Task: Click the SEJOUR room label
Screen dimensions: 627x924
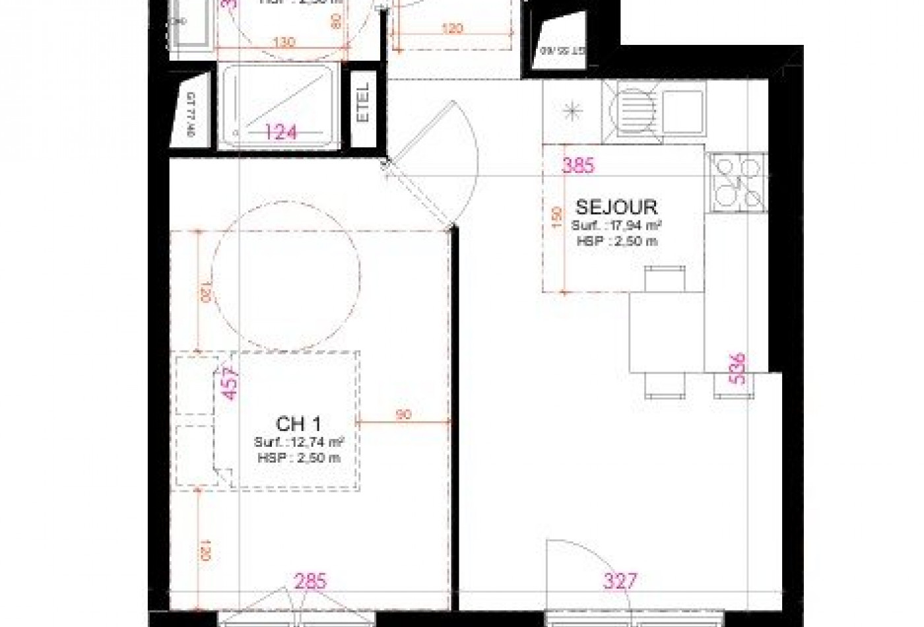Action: (x=616, y=207)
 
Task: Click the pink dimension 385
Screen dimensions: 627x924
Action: (x=577, y=165)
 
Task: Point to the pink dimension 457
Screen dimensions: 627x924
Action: (x=229, y=383)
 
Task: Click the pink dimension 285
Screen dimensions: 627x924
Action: (x=310, y=581)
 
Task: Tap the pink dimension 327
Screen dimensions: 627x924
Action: (x=620, y=581)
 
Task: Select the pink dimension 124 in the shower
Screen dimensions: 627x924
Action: (x=281, y=132)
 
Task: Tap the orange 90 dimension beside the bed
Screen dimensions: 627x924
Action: (x=404, y=414)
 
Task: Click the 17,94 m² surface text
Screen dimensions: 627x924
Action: (x=616, y=226)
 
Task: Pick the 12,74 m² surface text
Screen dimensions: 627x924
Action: (x=300, y=442)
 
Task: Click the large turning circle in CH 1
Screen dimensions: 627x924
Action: (x=285, y=280)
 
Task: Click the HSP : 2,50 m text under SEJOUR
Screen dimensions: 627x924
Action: (x=616, y=241)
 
